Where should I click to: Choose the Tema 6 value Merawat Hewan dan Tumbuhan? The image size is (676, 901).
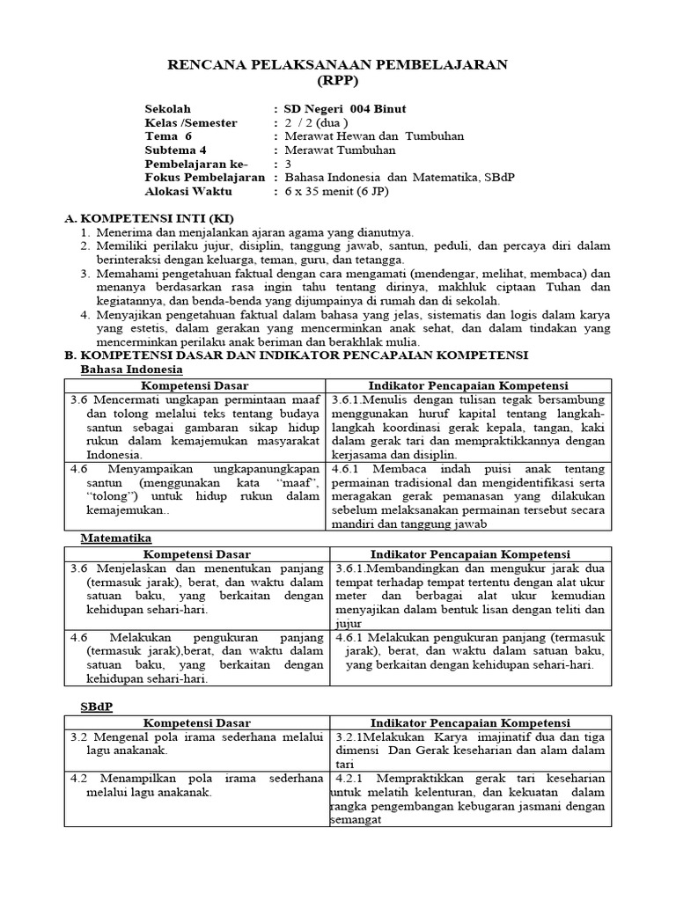click(373, 136)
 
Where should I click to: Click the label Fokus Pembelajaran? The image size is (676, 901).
click(204, 177)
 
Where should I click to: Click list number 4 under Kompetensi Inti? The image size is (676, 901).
click(84, 314)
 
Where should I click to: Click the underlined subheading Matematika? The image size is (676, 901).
click(116, 537)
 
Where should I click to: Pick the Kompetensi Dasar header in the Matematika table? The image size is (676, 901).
click(196, 554)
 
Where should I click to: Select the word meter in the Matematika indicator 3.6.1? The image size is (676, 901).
click(350, 596)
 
